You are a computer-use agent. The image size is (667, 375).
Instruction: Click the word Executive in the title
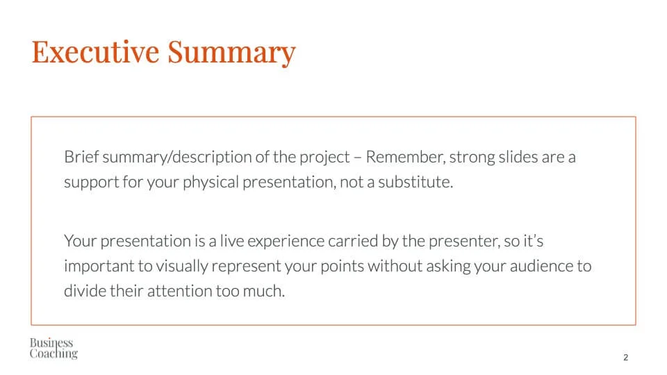pyautogui.click(x=96, y=51)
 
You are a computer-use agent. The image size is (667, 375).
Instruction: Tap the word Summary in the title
pyautogui.click(x=231, y=53)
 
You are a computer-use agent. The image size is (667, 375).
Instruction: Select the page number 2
pyautogui.click(x=626, y=357)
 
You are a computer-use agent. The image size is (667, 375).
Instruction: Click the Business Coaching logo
pyautogui.click(x=53, y=348)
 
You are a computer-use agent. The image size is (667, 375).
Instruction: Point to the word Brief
pyautogui.click(x=81, y=157)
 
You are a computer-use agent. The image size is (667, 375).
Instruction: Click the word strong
pyautogui.click(x=472, y=158)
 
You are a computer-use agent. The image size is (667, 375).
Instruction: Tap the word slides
pyautogui.click(x=518, y=157)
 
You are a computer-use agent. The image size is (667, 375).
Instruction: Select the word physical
pyautogui.click(x=211, y=183)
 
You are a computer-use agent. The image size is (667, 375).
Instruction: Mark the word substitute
pyautogui.click(x=415, y=182)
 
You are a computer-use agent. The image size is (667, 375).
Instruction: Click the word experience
pyautogui.click(x=286, y=242)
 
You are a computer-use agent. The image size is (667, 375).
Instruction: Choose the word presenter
pyautogui.click(x=465, y=242)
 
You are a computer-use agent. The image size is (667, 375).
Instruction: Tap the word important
pyautogui.click(x=99, y=267)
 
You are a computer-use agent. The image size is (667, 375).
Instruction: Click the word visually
pyautogui.click(x=181, y=267)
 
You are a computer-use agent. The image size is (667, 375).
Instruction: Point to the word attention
pyautogui.click(x=179, y=291)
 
